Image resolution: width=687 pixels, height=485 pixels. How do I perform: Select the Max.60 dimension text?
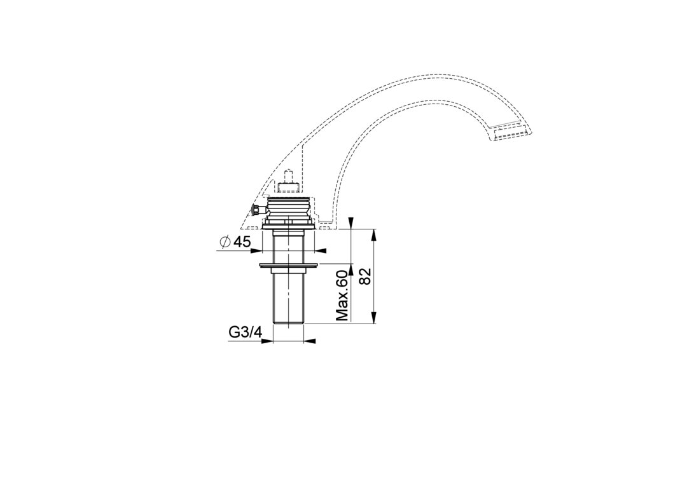coord(342,296)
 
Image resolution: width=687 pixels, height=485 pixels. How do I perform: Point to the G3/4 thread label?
coord(245,333)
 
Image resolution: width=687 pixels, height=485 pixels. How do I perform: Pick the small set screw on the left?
coord(256,210)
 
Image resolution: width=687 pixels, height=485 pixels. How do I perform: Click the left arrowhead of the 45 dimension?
coord(256,250)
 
